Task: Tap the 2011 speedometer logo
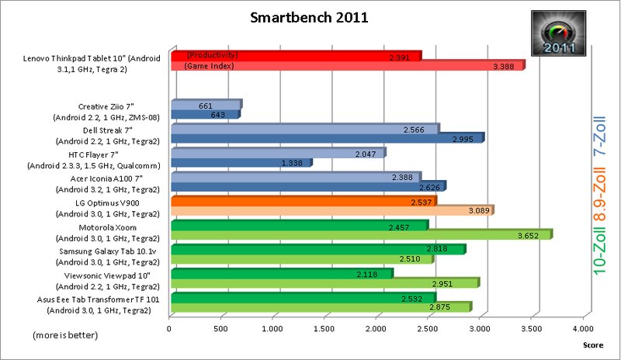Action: coord(558,33)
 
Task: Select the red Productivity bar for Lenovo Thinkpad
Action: coord(295,56)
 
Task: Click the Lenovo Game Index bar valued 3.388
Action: coord(346,66)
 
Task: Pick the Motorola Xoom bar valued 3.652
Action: coord(360,234)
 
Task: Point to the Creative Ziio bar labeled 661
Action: coord(205,105)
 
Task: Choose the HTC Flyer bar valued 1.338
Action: coord(240,163)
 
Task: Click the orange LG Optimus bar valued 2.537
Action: coord(303,201)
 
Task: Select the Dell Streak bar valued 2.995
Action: coord(326,138)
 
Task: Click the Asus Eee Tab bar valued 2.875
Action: coord(320,307)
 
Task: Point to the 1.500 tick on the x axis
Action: coord(324,329)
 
